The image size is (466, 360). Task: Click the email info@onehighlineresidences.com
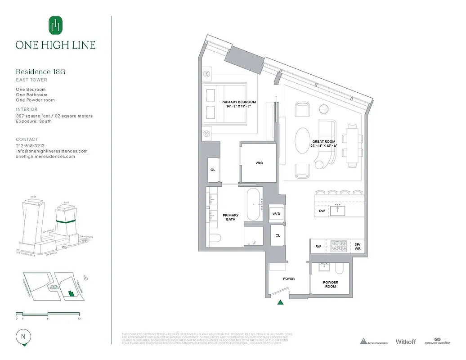52,151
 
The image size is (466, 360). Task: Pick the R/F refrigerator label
318,246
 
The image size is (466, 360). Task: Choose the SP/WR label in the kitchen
358,246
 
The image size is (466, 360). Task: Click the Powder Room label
330,284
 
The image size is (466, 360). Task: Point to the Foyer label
289,279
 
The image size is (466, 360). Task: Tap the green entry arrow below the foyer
281,303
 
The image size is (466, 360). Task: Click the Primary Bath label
231,217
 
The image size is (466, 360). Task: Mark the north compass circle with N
23,337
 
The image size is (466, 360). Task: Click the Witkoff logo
405,342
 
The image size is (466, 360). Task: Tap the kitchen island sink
337,210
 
